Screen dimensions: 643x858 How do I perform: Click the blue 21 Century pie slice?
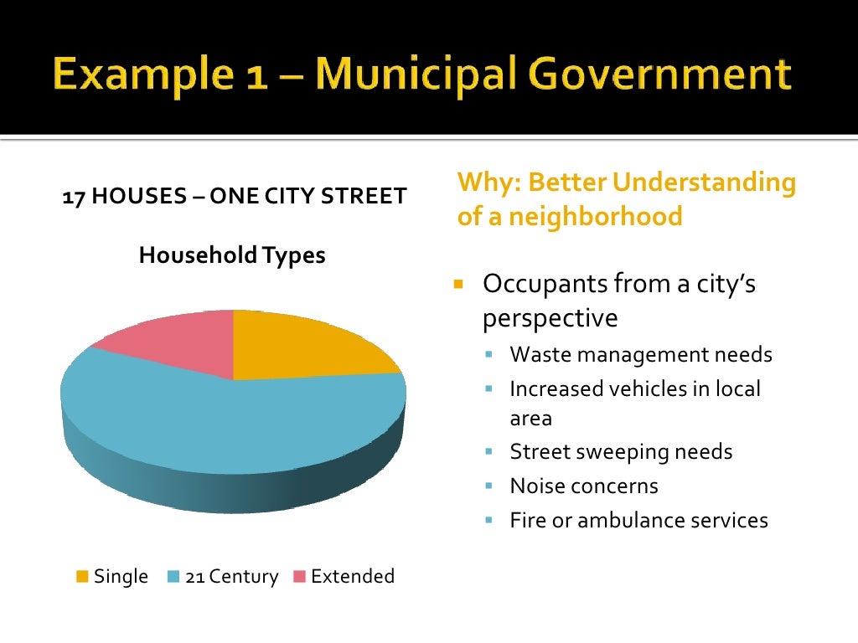click(x=226, y=419)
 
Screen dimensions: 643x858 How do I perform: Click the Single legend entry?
click(x=112, y=576)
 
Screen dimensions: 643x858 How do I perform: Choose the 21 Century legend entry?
click(x=224, y=576)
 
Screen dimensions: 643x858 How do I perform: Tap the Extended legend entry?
click(x=344, y=576)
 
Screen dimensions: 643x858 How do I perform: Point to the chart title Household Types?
click(x=232, y=255)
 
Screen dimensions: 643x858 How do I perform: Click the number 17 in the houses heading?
click(x=72, y=197)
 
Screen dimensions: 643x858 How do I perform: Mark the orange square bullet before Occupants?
click(x=458, y=283)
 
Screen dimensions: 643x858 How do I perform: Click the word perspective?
click(x=550, y=318)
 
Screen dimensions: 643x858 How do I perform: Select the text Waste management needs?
click(x=641, y=354)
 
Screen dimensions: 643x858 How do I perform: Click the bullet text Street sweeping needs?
click(x=621, y=452)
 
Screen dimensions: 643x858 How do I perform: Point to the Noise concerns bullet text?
click(x=584, y=486)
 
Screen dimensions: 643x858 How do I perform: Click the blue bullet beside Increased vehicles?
click(x=489, y=388)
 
